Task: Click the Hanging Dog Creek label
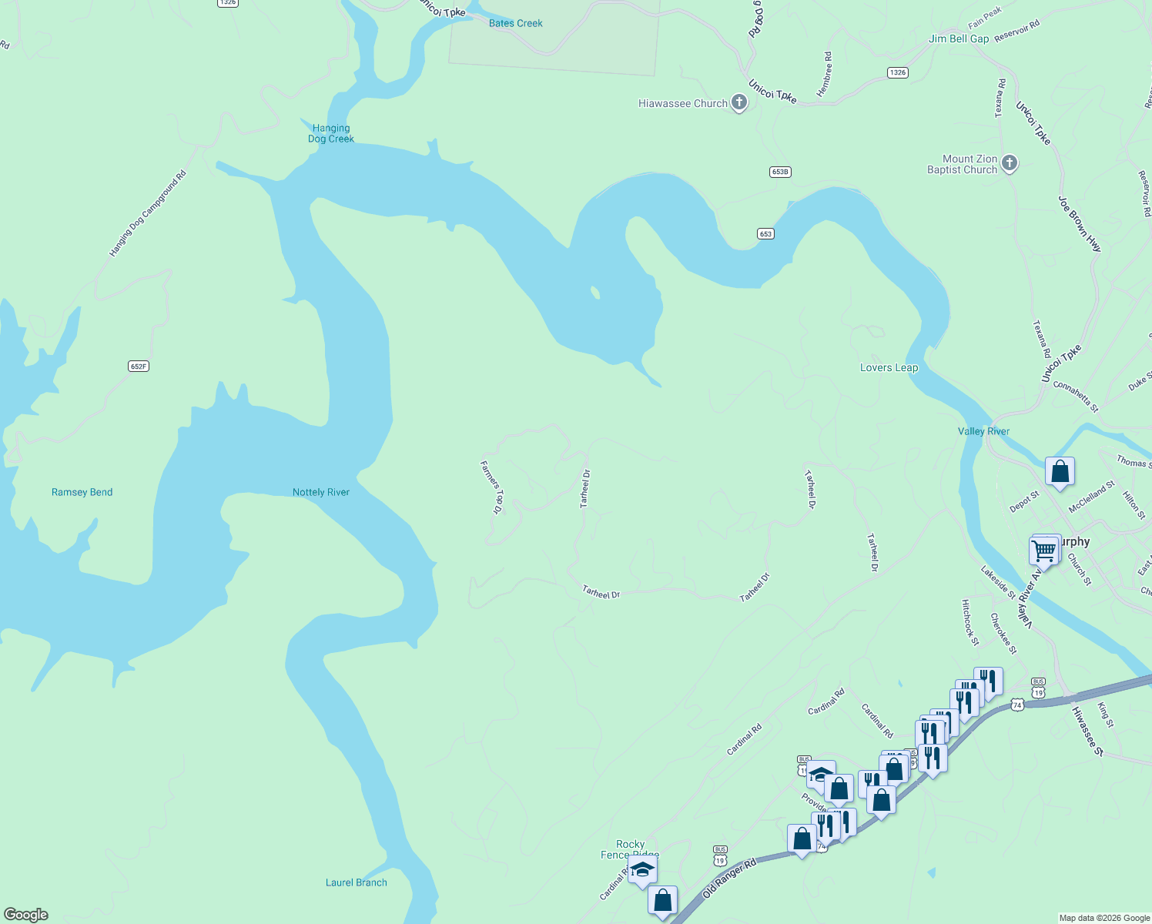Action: coord(331,134)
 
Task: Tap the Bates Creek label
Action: coord(516,23)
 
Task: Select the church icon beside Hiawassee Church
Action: coord(738,102)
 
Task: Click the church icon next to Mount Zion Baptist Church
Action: coord(1010,163)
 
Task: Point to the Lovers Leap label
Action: coord(889,367)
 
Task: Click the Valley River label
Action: coord(983,431)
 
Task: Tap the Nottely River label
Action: coord(321,492)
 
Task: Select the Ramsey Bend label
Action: coord(82,492)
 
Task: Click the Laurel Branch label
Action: coord(356,882)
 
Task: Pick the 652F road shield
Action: coord(139,367)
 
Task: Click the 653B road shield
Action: coord(780,172)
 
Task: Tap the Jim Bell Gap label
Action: coord(959,38)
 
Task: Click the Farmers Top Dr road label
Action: coord(491,487)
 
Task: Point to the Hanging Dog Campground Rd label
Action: coord(148,214)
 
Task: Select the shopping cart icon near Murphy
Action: coord(1044,551)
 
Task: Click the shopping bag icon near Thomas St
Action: coord(1060,471)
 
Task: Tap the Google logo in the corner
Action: coord(26,915)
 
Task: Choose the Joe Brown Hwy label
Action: coord(1080,224)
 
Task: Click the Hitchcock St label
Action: coord(970,622)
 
